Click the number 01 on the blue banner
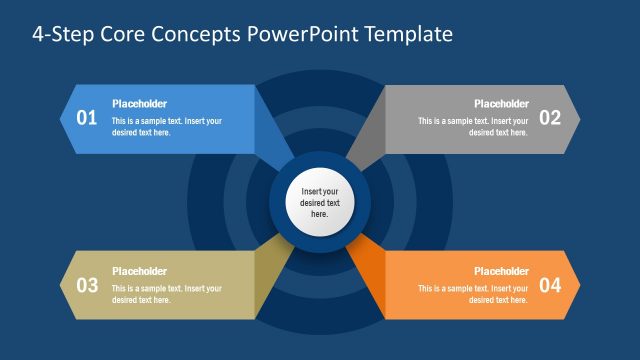(87, 118)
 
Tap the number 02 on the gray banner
(550, 118)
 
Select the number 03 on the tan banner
(87, 285)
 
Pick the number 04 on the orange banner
(550, 285)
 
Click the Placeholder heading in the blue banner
(139, 104)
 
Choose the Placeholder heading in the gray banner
(501, 104)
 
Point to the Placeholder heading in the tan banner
(139, 271)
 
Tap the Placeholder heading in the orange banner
(501, 271)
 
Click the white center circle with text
(320, 202)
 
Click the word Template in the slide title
(411, 34)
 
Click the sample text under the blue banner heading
(166, 127)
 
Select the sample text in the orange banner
(473, 294)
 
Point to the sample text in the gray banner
(473, 127)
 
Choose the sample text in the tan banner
(166, 294)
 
